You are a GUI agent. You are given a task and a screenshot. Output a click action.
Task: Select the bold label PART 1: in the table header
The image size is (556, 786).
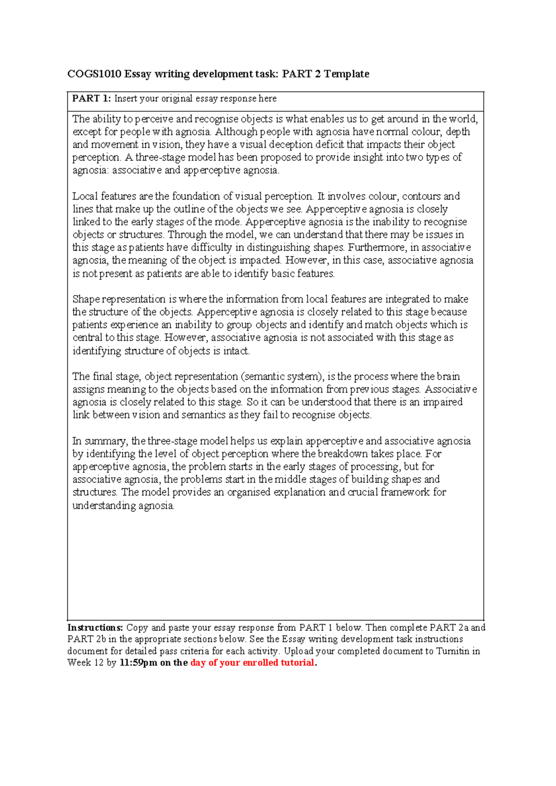(91, 98)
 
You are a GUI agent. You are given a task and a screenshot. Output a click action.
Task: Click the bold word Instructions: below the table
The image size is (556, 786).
(95, 628)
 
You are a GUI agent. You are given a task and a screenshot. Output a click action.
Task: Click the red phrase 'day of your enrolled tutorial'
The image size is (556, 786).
(252, 662)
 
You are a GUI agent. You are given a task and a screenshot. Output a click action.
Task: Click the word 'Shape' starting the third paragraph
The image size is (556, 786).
(86, 299)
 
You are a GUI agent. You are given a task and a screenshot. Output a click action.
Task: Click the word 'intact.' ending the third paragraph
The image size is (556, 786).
(236, 351)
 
